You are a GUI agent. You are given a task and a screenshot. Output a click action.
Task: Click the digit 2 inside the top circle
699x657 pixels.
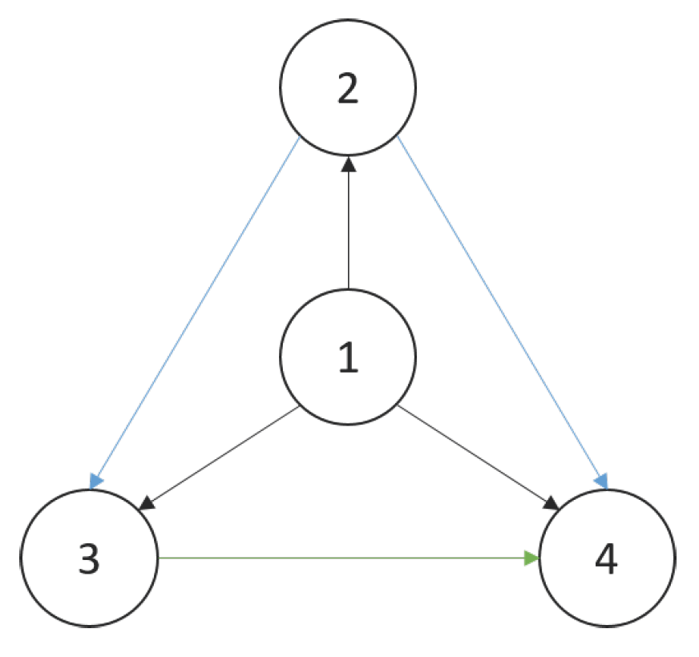click(347, 89)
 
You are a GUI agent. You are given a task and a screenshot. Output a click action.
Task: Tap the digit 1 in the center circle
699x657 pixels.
click(348, 358)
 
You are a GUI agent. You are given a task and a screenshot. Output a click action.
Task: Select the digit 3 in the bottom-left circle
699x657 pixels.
click(89, 559)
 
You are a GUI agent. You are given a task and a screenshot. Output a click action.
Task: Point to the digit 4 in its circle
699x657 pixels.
click(607, 559)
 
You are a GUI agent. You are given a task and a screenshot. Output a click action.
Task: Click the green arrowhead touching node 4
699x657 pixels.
click(532, 558)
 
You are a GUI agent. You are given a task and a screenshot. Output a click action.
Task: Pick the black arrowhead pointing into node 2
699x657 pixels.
click(348, 165)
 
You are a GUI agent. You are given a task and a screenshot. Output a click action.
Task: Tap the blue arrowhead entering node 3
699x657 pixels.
click(96, 481)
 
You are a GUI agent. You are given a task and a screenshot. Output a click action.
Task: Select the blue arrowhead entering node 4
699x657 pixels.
click(601, 481)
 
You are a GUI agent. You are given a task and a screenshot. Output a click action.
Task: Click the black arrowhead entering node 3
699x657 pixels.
click(147, 503)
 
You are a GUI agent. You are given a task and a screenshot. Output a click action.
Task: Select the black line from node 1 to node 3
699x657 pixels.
click(224, 457)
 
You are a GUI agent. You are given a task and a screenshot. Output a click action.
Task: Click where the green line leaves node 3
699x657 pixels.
click(160, 558)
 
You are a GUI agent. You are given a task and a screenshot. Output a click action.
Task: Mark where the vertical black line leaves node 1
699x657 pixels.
click(348, 288)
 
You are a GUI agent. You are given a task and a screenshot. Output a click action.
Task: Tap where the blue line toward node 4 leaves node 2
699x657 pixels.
click(398, 137)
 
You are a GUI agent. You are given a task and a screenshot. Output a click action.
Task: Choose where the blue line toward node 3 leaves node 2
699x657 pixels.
click(299, 137)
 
